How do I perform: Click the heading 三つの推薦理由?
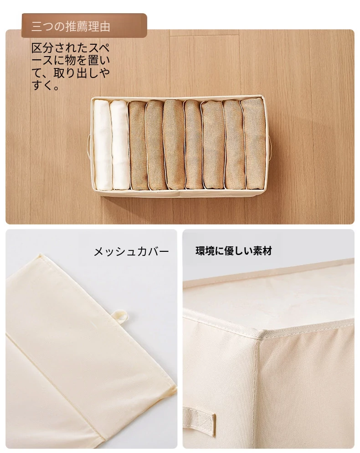coord(71,26)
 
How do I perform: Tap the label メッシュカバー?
coord(131,252)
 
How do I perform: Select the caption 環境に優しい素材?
coord(234,251)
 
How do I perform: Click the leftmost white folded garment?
coord(102,145)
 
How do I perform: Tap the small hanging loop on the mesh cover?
coord(121,317)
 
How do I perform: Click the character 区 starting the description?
coord(37,48)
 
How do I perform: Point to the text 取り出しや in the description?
coord(82,73)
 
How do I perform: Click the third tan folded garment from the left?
coord(174,145)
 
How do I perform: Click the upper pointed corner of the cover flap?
coord(41,255)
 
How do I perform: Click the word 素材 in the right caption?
coord(262,251)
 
